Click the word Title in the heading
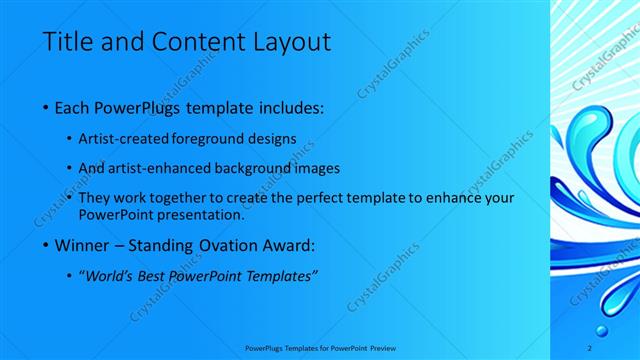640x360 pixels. click(68, 42)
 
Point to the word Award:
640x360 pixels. click(287, 245)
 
